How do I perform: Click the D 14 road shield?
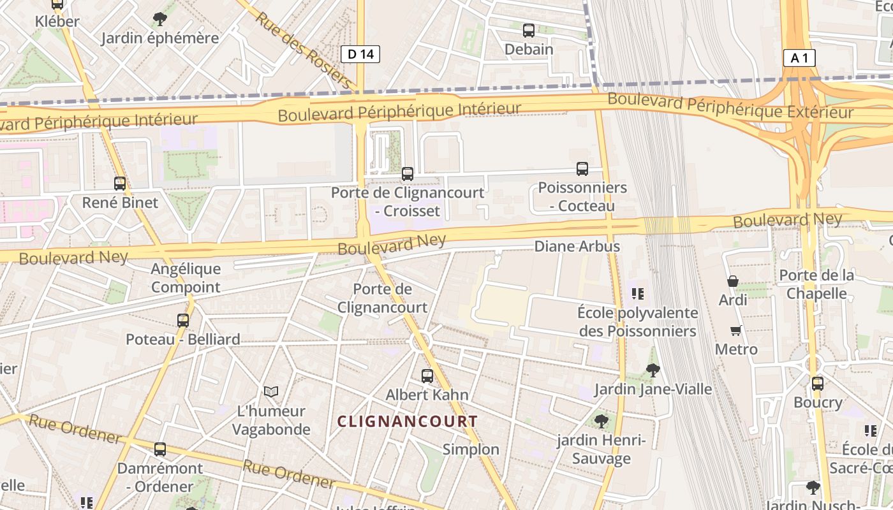tap(360, 54)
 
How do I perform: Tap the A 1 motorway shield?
tap(799, 58)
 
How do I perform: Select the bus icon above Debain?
tap(529, 30)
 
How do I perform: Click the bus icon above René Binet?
tap(120, 184)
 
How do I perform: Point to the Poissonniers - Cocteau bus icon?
tap(582, 169)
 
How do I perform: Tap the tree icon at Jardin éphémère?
tap(160, 19)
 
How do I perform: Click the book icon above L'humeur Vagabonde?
tap(271, 391)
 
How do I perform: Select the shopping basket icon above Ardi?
tap(733, 281)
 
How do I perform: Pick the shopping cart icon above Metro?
tap(736, 330)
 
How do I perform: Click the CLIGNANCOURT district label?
tap(407, 421)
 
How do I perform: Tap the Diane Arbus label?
tap(577, 246)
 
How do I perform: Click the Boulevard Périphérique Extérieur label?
tap(730, 106)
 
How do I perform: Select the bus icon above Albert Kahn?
tap(427, 376)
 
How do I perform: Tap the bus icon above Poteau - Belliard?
tap(183, 320)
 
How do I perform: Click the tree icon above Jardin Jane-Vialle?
tap(653, 370)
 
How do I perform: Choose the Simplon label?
tap(471, 449)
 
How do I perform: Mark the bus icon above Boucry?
tap(818, 384)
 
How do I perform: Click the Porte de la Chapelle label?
tap(816, 284)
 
